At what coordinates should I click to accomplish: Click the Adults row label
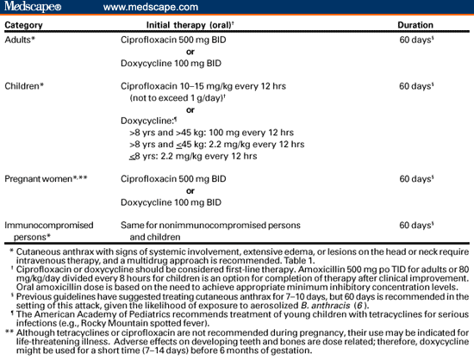pos(22,40)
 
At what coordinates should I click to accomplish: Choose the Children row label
pos(26,86)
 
